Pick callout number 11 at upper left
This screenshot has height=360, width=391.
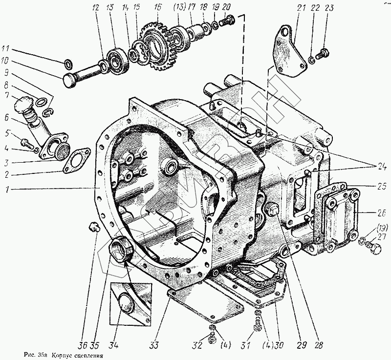[5, 48]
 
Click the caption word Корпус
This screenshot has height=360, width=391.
[62, 355]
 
